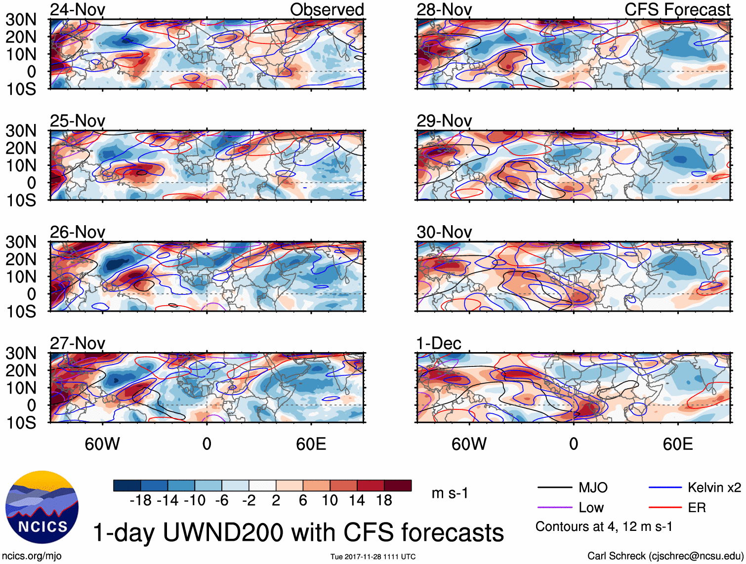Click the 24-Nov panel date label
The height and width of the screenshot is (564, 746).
[x=78, y=10]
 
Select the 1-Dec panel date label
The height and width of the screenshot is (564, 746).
[x=439, y=343]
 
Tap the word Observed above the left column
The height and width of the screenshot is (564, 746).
[x=327, y=10]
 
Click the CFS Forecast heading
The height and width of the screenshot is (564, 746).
[x=677, y=10]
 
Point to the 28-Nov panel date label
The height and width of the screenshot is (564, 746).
[x=444, y=10]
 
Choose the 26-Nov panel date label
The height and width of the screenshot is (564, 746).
[x=78, y=232]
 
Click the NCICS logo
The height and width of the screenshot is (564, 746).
[x=42, y=508]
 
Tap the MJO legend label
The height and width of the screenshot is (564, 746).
[x=593, y=488]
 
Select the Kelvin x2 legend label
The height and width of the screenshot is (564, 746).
[x=714, y=488]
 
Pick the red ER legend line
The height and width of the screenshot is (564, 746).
[x=665, y=507]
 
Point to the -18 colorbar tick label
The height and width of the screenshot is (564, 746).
[x=140, y=501]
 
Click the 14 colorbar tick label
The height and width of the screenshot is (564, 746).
[x=357, y=501]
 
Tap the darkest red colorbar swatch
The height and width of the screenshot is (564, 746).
[x=398, y=485]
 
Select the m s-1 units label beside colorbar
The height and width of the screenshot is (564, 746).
[x=450, y=493]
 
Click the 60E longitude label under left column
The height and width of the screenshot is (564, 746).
[x=311, y=444]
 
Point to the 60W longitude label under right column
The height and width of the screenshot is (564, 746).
[x=469, y=444]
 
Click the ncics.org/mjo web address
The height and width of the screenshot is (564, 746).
[x=32, y=556]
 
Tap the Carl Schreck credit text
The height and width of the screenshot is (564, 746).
[x=665, y=556]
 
